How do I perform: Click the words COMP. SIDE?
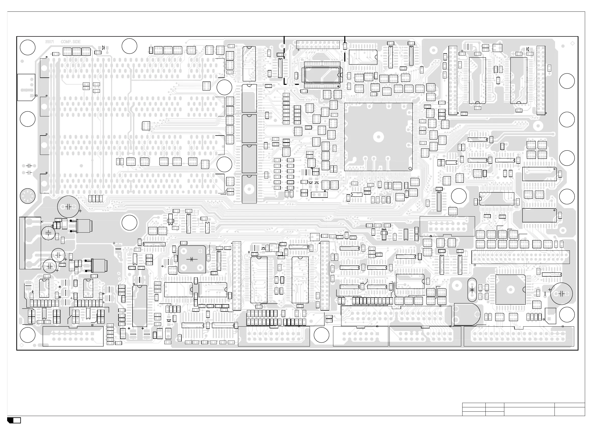point(71,42)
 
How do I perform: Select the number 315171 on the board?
point(49,42)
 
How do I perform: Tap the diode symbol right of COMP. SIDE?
point(103,48)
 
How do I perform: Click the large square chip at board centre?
point(378,137)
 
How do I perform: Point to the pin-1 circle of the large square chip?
point(410,168)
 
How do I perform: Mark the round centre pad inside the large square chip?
point(378,137)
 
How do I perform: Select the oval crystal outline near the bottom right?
point(472,290)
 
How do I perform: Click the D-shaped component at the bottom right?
point(467,315)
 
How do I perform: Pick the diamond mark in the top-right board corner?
point(573,43)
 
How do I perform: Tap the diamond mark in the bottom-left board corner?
point(22,345)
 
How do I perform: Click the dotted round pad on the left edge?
point(28,196)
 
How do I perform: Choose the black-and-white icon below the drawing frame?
point(14,420)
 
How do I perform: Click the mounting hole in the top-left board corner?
point(28,47)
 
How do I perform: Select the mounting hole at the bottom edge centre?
point(322,335)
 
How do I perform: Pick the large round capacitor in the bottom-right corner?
point(562,294)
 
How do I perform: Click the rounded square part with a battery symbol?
point(192,259)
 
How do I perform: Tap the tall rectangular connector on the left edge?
point(30,243)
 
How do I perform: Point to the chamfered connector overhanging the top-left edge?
point(26,87)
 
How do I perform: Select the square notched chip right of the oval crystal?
point(510,290)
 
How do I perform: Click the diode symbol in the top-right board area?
point(528,49)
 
